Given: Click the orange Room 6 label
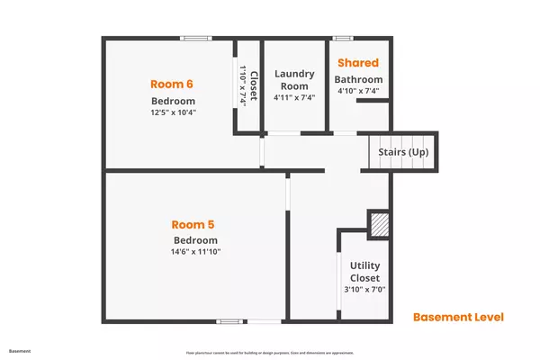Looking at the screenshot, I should (x=172, y=84).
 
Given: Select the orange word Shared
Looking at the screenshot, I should (x=358, y=63).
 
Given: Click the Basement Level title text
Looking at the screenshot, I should (x=457, y=317).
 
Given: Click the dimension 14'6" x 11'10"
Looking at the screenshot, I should (x=195, y=252).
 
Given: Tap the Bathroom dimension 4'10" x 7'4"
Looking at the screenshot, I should (x=358, y=90).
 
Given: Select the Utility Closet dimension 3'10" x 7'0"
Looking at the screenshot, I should (x=365, y=290).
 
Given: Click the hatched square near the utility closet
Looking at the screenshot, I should (x=378, y=223).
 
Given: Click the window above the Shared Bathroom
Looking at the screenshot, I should (x=342, y=38).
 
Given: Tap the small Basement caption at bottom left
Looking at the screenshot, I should (x=19, y=350).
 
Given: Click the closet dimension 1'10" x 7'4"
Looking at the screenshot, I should (x=242, y=86).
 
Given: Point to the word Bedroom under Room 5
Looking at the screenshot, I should (x=195, y=240).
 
